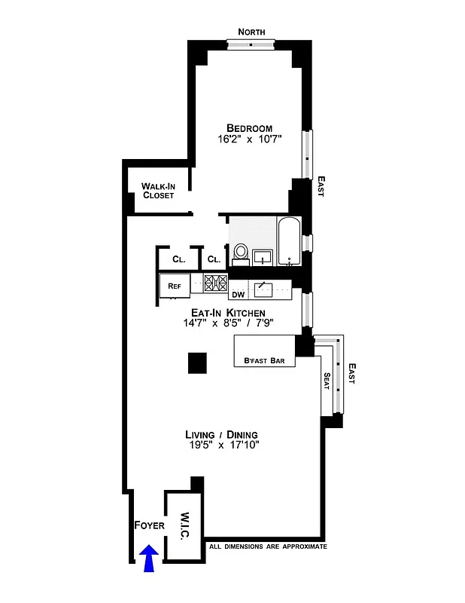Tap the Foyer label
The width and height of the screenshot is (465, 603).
point(149,525)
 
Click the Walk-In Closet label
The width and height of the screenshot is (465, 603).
point(158,191)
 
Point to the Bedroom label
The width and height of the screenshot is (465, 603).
point(249,128)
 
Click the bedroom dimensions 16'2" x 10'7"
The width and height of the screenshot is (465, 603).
point(249,139)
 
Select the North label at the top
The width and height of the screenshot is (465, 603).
point(252,32)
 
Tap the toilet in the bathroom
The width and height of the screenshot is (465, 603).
point(241,253)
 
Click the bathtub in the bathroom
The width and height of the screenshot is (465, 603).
point(290,241)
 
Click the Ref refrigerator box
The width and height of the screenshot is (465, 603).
point(175,286)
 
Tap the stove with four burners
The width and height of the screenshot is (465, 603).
point(216,284)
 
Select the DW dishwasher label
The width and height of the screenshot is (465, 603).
point(238,294)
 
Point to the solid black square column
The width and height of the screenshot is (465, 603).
point(197,363)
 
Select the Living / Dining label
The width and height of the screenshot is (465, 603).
point(222,435)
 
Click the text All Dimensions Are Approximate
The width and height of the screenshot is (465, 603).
point(268,546)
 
